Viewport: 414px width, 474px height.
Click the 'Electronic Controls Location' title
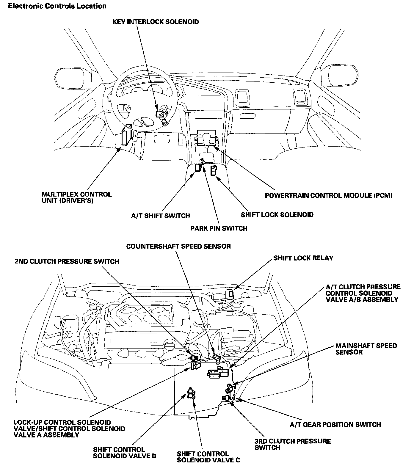tap(57, 6)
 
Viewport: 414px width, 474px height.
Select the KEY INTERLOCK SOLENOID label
tap(156, 22)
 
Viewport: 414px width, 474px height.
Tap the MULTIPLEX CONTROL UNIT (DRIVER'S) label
tap(76, 198)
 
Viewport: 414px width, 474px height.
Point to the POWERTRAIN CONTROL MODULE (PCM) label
tap(329, 195)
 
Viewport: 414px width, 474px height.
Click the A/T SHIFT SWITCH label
tap(160, 216)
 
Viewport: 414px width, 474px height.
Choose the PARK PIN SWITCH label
tap(219, 228)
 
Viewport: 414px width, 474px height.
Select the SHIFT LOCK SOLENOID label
tap(277, 214)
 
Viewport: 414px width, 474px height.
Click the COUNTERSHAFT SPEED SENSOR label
tap(178, 246)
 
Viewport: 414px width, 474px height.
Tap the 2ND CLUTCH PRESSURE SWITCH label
tap(67, 261)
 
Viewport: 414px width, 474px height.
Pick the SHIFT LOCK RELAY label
tap(303, 258)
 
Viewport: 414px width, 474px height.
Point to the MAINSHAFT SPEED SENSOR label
tap(366, 349)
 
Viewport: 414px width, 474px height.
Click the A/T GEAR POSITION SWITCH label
tap(335, 425)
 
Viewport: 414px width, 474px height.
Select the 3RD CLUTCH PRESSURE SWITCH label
tap(293, 444)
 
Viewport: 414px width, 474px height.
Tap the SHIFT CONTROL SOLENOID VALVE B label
tap(125, 453)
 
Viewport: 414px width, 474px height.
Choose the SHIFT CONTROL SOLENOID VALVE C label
tap(208, 457)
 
